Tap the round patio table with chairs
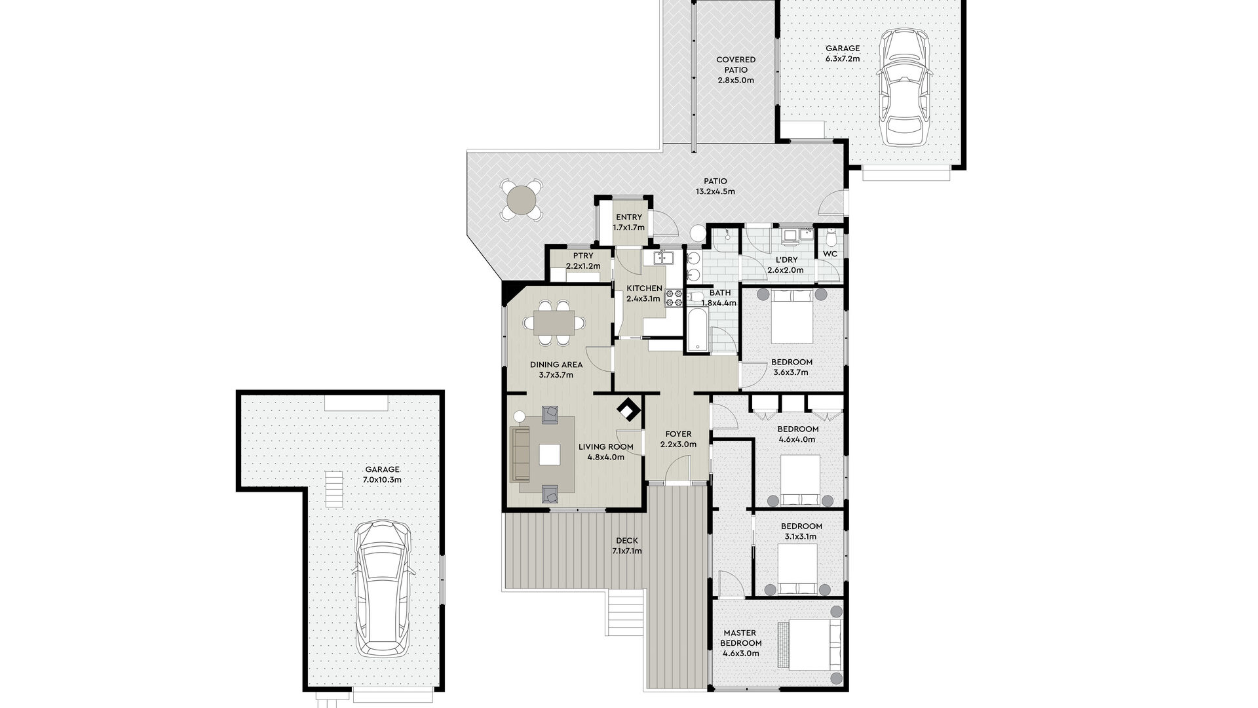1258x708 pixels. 522,199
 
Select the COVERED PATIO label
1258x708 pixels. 735,65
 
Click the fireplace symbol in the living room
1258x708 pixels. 629,411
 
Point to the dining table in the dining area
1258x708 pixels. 554,323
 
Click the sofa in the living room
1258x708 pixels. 521,453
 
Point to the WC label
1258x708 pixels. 830,254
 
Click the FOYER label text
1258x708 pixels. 678,434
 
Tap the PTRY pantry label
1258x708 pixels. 582,256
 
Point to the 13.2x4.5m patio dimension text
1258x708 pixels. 715,192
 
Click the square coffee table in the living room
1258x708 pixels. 550,454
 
